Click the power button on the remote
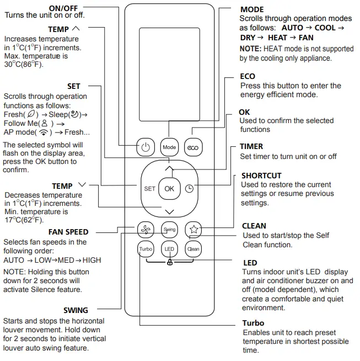[145, 147]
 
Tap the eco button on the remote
[193, 147]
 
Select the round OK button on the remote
[169, 188]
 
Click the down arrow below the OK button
[169, 211]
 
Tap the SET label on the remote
[149, 189]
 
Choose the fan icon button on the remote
[146, 229]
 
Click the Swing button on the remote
[169, 229]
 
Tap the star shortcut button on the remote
[193, 229]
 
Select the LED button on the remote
[169, 249]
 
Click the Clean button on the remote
[193, 249]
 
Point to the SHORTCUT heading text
[261, 176]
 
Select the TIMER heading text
[251, 146]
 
